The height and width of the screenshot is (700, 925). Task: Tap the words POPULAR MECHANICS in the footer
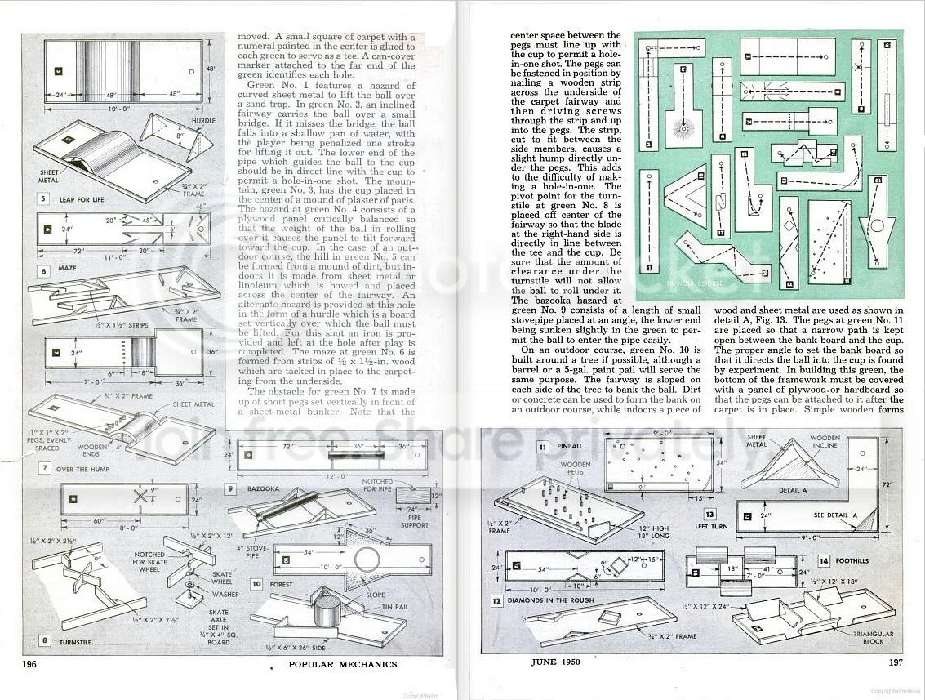tap(343, 664)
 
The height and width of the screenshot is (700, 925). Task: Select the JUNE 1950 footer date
tap(553, 662)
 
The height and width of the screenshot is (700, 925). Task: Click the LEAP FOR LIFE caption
tap(76, 198)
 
